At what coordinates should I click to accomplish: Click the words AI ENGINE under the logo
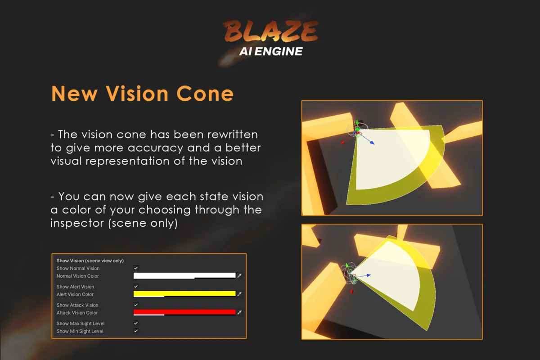click(270, 51)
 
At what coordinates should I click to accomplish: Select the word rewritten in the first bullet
click(227, 134)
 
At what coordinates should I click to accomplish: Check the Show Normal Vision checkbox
click(136, 268)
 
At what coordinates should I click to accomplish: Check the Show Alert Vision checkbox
click(136, 287)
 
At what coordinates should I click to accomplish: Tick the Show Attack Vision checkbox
click(136, 305)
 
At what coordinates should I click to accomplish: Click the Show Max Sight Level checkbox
click(136, 324)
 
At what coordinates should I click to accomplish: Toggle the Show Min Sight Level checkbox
click(136, 331)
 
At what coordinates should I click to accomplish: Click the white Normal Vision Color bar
click(184, 275)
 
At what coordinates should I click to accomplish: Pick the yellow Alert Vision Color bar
click(184, 294)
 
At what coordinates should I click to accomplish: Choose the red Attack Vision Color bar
click(184, 312)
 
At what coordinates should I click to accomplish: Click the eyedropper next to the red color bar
click(239, 312)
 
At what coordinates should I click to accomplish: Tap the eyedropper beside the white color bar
click(239, 275)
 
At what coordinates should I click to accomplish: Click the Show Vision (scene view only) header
click(90, 261)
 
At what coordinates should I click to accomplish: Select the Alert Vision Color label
click(75, 294)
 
